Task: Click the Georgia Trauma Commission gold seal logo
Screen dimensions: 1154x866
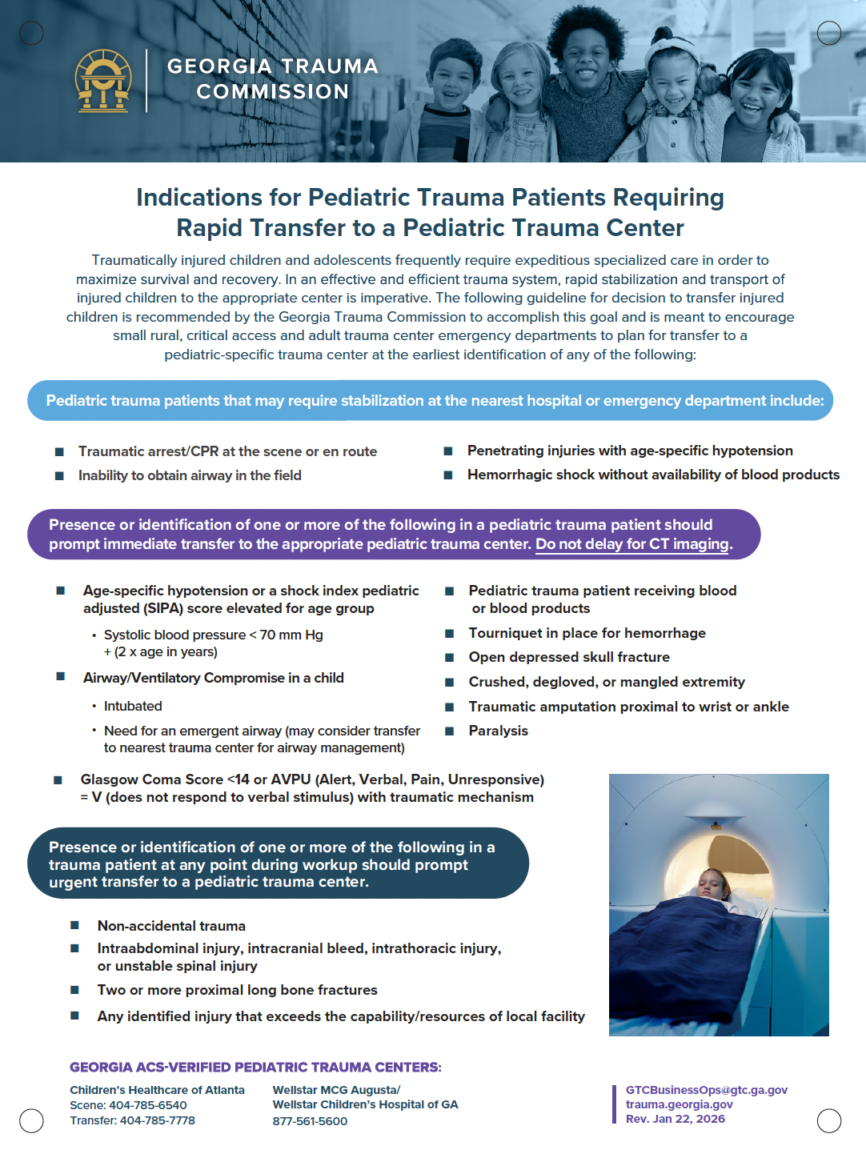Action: [103, 80]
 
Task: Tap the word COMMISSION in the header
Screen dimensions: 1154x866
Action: [273, 92]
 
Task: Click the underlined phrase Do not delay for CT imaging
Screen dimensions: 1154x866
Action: [632, 544]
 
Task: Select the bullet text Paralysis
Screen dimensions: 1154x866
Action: [498, 731]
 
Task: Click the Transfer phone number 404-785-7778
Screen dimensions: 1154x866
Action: [157, 1120]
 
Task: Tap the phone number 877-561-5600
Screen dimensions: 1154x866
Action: [310, 1121]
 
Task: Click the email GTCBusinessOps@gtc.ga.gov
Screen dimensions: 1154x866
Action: [706, 1090]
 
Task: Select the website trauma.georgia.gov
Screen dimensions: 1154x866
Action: [679, 1104]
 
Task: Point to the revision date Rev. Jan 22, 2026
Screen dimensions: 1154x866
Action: [675, 1119]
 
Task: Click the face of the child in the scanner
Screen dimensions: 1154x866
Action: [711, 884]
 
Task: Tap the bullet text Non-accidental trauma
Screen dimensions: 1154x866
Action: [171, 926]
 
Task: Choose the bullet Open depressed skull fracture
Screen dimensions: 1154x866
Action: [569, 657]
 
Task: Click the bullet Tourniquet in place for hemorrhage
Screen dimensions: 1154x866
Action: [587, 633]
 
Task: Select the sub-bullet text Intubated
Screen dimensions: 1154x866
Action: [133, 706]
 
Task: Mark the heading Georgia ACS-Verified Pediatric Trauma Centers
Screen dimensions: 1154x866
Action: [255, 1068]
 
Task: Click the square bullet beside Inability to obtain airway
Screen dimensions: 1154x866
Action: [59, 476]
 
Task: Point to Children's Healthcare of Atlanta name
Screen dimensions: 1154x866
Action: [157, 1090]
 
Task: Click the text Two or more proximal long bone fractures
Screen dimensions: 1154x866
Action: [237, 990]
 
